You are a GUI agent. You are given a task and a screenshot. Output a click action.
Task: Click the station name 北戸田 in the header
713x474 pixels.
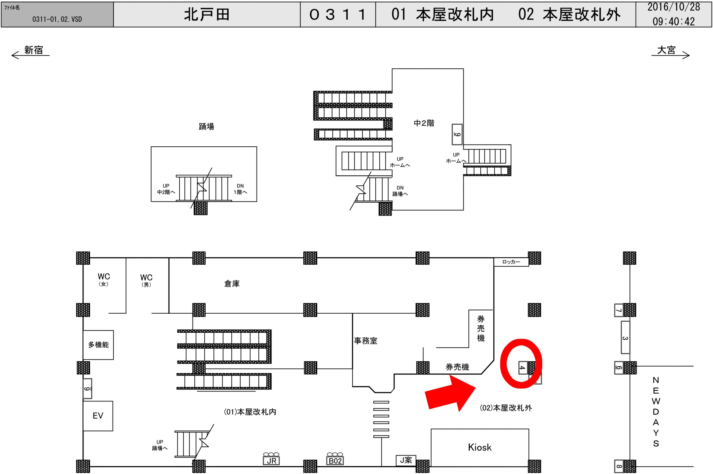pyautogui.click(x=207, y=14)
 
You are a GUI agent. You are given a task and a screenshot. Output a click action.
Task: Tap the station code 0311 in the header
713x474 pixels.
pyautogui.click(x=338, y=14)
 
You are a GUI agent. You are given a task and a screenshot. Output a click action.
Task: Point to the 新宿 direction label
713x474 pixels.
pyautogui.click(x=33, y=50)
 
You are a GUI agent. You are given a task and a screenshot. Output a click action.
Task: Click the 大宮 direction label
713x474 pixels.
pyautogui.click(x=666, y=50)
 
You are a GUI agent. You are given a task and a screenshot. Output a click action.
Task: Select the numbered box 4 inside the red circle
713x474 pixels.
pyautogui.click(x=522, y=367)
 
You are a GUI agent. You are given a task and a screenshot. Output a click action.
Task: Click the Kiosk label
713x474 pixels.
pyautogui.click(x=480, y=448)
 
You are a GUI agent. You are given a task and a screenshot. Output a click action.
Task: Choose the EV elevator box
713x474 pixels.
pyautogui.click(x=98, y=416)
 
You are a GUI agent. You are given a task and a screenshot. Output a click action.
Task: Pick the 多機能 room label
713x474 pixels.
pyautogui.click(x=98, y=345)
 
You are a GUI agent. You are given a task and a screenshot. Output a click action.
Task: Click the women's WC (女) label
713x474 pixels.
pyautogui.click(x=104, y=279)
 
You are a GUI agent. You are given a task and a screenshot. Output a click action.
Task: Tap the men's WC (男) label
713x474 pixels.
pyautogui.click(x=146, y=280)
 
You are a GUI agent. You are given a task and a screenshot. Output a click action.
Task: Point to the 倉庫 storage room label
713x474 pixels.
pyautogui.click(x=232, y=284)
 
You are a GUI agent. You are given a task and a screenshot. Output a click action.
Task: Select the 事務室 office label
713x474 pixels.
pyautogui.click(x=365, y=341)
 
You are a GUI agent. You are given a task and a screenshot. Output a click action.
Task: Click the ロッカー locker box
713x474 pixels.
pyautogui.click(x=511, y=262)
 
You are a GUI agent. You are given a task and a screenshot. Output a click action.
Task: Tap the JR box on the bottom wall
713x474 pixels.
pyautogui.click(x=272, y=461)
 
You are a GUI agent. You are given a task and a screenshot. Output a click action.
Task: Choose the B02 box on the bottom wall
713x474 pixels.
pyautogui.click(x=335, y=461)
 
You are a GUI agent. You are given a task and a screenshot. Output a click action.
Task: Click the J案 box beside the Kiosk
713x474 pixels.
pyautogui.click(x=406, y=460)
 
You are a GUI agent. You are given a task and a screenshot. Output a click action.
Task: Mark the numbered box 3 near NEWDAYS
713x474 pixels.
pyautogui.click(x=625, y=337)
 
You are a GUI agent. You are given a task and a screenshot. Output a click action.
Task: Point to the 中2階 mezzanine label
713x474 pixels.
pyautogui.click(x=424, y=123)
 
